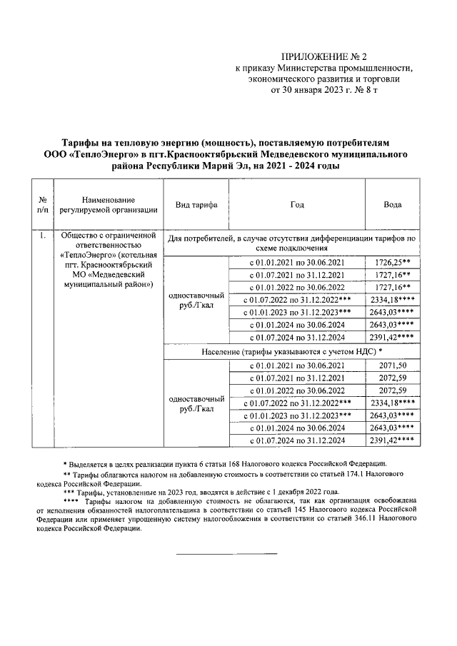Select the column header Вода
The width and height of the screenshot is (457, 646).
pos(392,204)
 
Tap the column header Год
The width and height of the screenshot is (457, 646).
pos(296,204)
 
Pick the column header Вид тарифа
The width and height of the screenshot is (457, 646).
pos(196,204)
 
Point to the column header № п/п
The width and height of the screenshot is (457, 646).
pos(43,204)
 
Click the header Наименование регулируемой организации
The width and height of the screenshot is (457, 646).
pos(108,204)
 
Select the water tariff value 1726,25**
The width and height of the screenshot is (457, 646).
pos(392,263)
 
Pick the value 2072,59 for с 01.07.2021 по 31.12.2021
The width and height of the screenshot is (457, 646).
pos(392,378)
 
